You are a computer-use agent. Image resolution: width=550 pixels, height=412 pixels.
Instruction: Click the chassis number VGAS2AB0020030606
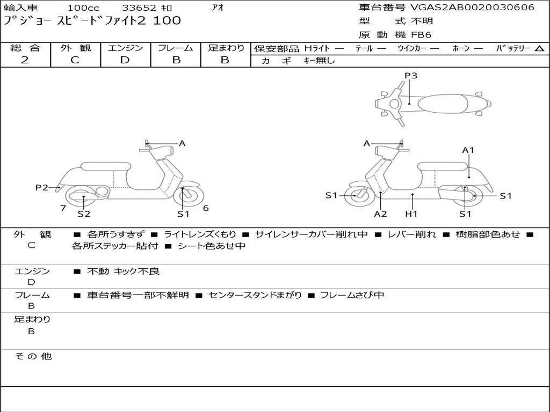coord(472,8)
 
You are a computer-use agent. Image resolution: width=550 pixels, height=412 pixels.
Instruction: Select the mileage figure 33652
coord(139,8)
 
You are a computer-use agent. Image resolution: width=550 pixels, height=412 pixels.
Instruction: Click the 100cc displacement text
coord(83,8)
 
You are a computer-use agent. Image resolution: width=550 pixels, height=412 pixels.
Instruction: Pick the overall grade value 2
coord(25,60)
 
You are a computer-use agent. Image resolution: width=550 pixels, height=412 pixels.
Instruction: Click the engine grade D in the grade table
coord(125,60)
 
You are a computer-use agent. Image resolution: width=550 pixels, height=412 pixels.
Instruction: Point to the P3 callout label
coord(411,75)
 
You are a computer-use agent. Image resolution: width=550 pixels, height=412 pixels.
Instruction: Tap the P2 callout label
coord(42,187)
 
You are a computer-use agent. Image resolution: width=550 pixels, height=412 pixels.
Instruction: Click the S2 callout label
coord(84,214)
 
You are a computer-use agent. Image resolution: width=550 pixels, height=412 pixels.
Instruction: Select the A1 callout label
coord(468,150)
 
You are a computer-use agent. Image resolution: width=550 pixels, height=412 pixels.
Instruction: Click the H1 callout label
coord(411,214)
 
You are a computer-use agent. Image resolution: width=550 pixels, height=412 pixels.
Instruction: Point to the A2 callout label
coord(380,214)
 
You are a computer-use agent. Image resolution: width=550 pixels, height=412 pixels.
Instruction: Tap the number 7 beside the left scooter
coord(63,208)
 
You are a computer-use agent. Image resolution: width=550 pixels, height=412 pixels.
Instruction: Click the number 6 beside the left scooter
coord(206,208)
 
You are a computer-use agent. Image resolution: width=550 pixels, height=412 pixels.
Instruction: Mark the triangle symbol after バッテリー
coord(540,49)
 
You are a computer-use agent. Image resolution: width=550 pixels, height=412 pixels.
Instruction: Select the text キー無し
coord(319,61)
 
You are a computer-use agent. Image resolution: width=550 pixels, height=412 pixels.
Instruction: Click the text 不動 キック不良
coord(123,271)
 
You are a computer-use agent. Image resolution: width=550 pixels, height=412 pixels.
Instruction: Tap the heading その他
coord(33,356)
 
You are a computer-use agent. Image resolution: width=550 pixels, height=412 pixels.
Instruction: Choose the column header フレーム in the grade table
coord(176,48)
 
